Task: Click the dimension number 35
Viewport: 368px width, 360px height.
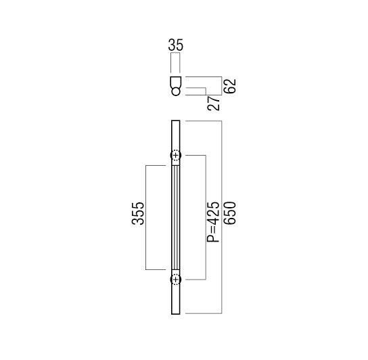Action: (x=176, y=45)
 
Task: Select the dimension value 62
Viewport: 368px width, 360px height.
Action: (x=230, y=86)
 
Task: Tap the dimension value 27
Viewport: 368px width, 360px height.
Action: (x=214, y=103)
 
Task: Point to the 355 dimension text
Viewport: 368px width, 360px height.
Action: (x=138, y=213)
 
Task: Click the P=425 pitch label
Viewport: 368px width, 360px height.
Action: (x=213, y=222)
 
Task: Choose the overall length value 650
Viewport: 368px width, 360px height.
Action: (x=230, y=213)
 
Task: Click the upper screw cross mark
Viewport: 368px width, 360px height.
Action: (x=176, y=155)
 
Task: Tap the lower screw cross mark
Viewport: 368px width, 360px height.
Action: (x=176, y=279)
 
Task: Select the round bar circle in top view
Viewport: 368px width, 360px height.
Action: (x=176, y=91)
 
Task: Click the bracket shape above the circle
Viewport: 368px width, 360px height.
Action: (x=176, y=82)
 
